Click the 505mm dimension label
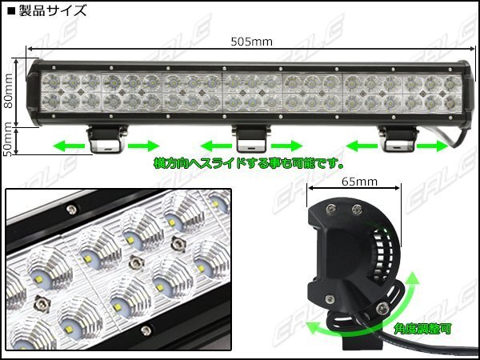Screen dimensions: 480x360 [x=251, y=42]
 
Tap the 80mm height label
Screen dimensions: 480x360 [x=8, y=90]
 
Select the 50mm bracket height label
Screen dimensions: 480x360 [x=8, y=139]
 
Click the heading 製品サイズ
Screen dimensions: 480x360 [x=47, y=10]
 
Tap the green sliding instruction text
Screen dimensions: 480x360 [x=248, y=163]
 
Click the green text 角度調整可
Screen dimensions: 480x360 [x=422, y=329]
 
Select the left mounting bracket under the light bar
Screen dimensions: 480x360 [x=106, y=138]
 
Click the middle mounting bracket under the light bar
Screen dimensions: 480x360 [x=251, y=138]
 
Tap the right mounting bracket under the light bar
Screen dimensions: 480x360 [x=398, y=138]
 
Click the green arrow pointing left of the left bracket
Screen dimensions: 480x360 [x=69, y=146]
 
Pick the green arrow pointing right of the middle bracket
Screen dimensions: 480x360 [x=287, y=146]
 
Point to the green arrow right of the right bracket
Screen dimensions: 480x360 [x=432, y=146]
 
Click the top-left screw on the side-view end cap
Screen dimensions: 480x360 [x=330, y=210]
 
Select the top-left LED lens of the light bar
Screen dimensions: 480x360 [x=51, y=82]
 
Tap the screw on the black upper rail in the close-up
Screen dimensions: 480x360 [x=71, y=210]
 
